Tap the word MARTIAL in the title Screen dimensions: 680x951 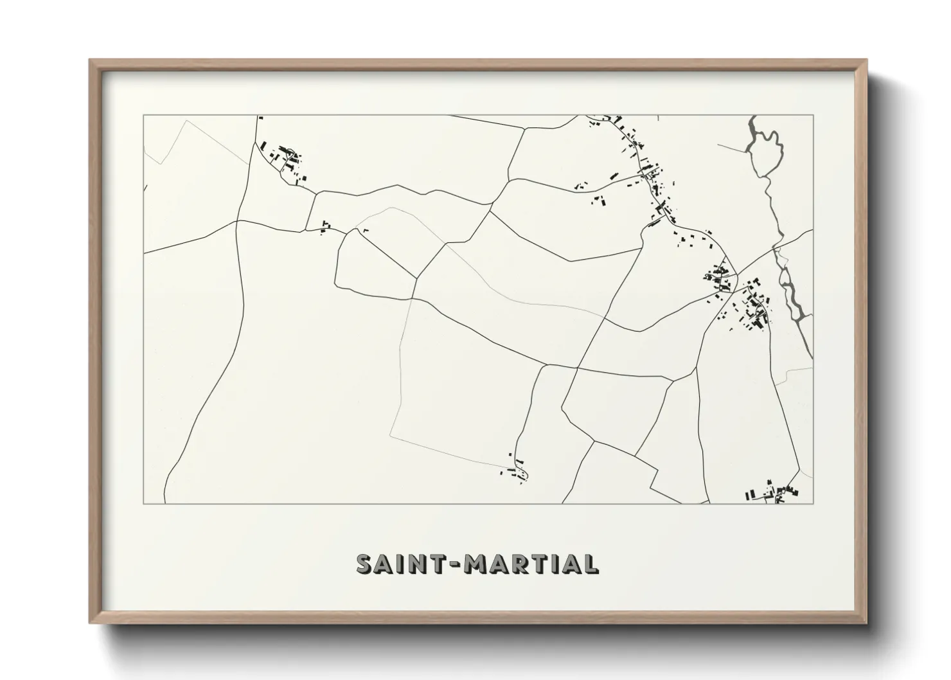pyautogui.click(x=533, y=564)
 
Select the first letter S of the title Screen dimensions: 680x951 pyautogui.click(x=364, y=564)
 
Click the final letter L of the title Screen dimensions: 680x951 pyautogui.click(x=591, y=564)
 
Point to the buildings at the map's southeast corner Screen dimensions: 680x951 pyautogui.click(x=773, y=493)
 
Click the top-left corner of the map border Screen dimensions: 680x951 pyautogui.click(x=143, y=116)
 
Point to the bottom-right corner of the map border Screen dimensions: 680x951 pyautogui.click(x=813, y=503)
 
